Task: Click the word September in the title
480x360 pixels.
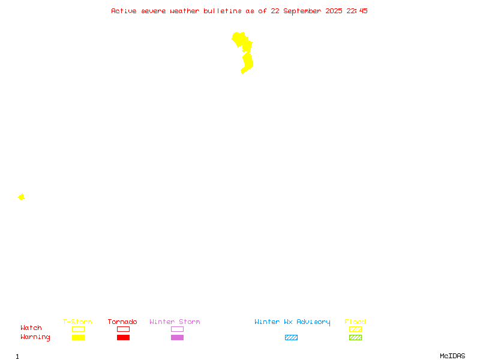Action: [x=302, y=11]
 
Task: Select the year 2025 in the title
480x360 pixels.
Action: [x=334, y=11]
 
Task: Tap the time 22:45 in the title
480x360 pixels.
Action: [x=356, y=11]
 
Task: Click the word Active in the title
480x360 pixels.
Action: [x=124, y=11]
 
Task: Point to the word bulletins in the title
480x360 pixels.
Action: [x=223, y=11]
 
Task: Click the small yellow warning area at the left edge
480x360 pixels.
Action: [x=22, y=197]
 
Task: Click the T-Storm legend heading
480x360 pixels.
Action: [x=77, y=322]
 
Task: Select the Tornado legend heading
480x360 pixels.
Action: [x=122, y=322]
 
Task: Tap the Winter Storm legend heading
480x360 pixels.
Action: [x=175, y=322]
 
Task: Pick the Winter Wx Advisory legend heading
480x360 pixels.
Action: [x=292, y=322]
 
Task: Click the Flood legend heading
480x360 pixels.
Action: [x=355, y=322]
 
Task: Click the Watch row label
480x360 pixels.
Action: [x=31, y=328]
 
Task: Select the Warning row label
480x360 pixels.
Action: [x=35, y=337]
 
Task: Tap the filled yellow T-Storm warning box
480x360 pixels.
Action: [x=79, y=337]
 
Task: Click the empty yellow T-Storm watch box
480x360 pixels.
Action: [x=79, y=329]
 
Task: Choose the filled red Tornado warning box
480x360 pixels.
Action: [x=124, y=337]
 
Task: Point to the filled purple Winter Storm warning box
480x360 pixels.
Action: [x=177, y=337]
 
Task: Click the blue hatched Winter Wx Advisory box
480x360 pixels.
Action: [x=291, y=337]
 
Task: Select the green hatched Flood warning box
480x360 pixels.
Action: [x=355, y=337]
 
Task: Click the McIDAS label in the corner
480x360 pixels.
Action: [x=452, y=356]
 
